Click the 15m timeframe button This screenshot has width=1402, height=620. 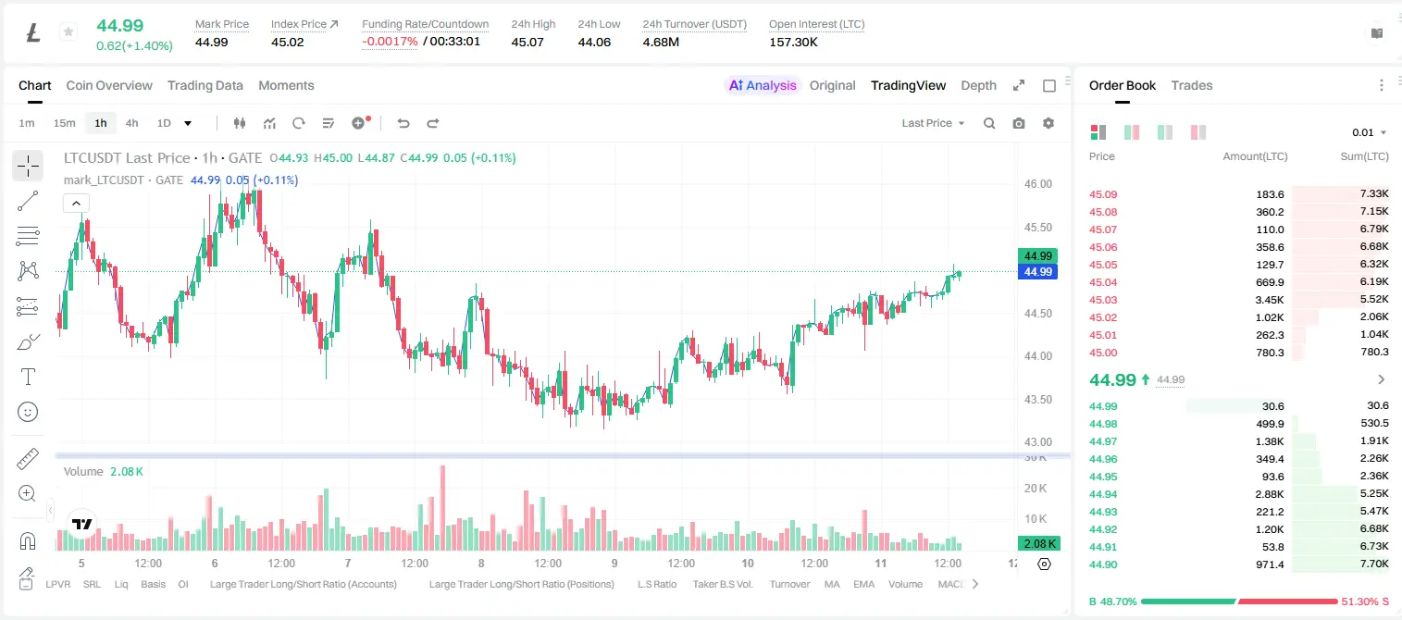pyautogui.click(x=64, y=123)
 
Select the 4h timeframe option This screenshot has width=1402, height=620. pyautogui.click(x=131, y=123)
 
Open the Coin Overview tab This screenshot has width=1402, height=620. pyautogui.click(x=109, y=85)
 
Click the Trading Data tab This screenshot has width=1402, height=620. pyautogui.click(x=205, y=85)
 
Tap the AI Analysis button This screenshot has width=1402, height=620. pyautogui.click(x=763, y=85)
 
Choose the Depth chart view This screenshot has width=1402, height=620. pyautogui.click(x=978, y=85)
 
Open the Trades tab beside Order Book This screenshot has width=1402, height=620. pyautogui.click(x=1192, y=85)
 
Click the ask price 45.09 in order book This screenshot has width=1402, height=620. pyautogui.click(x=1103, y=194)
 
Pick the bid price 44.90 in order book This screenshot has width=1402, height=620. pyautogui.click(x=1103, y=564)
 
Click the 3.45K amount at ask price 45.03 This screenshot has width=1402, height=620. pyautogui.click(x=1270, y=300)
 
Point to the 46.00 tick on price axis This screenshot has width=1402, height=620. pyautogui.click(x=1037, y=184)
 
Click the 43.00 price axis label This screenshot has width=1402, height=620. pyautogui.click(x=1037, y=441)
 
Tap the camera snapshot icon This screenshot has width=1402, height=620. pyautogui.click(x=1019, y=123)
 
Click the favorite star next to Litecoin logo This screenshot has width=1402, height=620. pyautogui.click(x=68, y=31)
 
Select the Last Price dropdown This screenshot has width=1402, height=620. pyautogui.click(x=933, y=123)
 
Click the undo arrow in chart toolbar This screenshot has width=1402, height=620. pyautogui.click(x=403, y=123)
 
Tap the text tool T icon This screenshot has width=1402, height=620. pyautogui.click(x=28, y=377)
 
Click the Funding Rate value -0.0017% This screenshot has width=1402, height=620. pyautogui.click(x=390, y=42)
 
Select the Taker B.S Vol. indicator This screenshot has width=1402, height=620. pyautogui.click(x=722, y=584)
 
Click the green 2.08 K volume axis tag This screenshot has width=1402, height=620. pyautogui.click(x=1038, y=544)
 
